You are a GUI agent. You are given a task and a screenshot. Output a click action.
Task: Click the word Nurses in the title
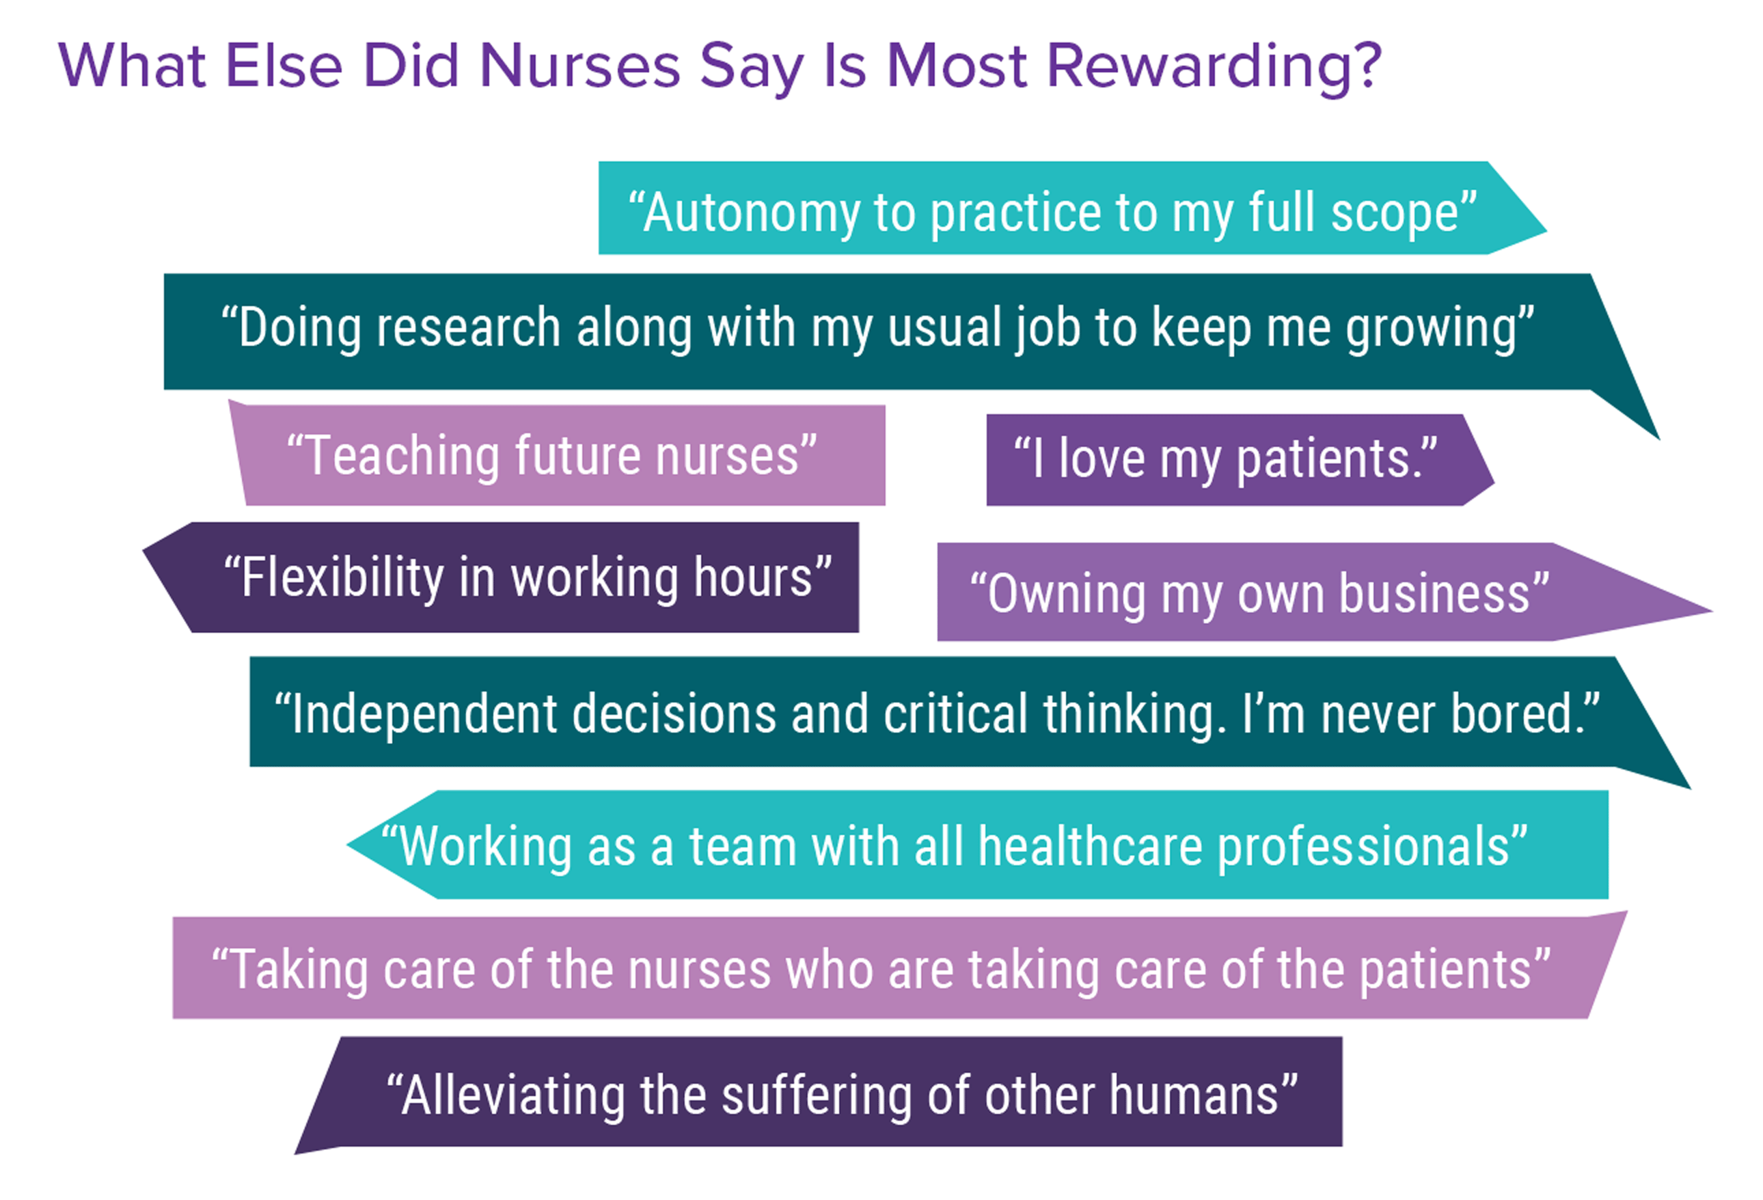point(580,66)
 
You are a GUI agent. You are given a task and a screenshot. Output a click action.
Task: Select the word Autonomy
point(752,215)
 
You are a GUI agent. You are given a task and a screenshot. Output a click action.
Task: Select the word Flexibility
point(342,579)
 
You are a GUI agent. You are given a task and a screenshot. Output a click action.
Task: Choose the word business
point(1434,594)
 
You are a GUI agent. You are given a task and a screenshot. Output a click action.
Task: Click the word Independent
point(424,715)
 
